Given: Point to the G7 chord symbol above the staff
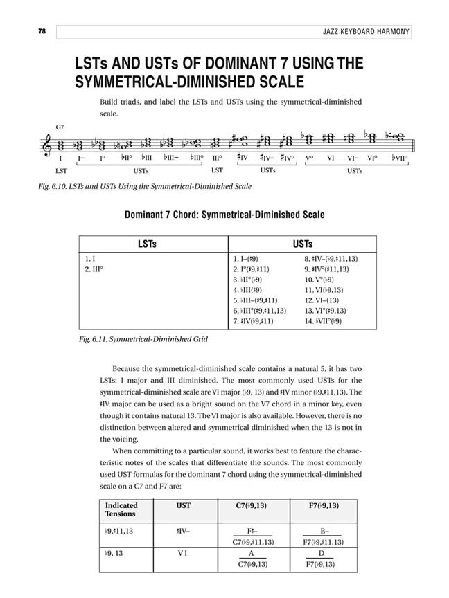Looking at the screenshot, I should [61, 128].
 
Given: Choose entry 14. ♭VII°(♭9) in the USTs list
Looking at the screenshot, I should [328, 321].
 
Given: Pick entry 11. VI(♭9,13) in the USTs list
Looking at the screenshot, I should [328, 290].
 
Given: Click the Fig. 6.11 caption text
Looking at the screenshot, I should [130, 340].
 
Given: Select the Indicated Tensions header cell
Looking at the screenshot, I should [121, 509].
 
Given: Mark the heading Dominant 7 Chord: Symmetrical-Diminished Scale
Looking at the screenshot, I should [224, 215].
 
